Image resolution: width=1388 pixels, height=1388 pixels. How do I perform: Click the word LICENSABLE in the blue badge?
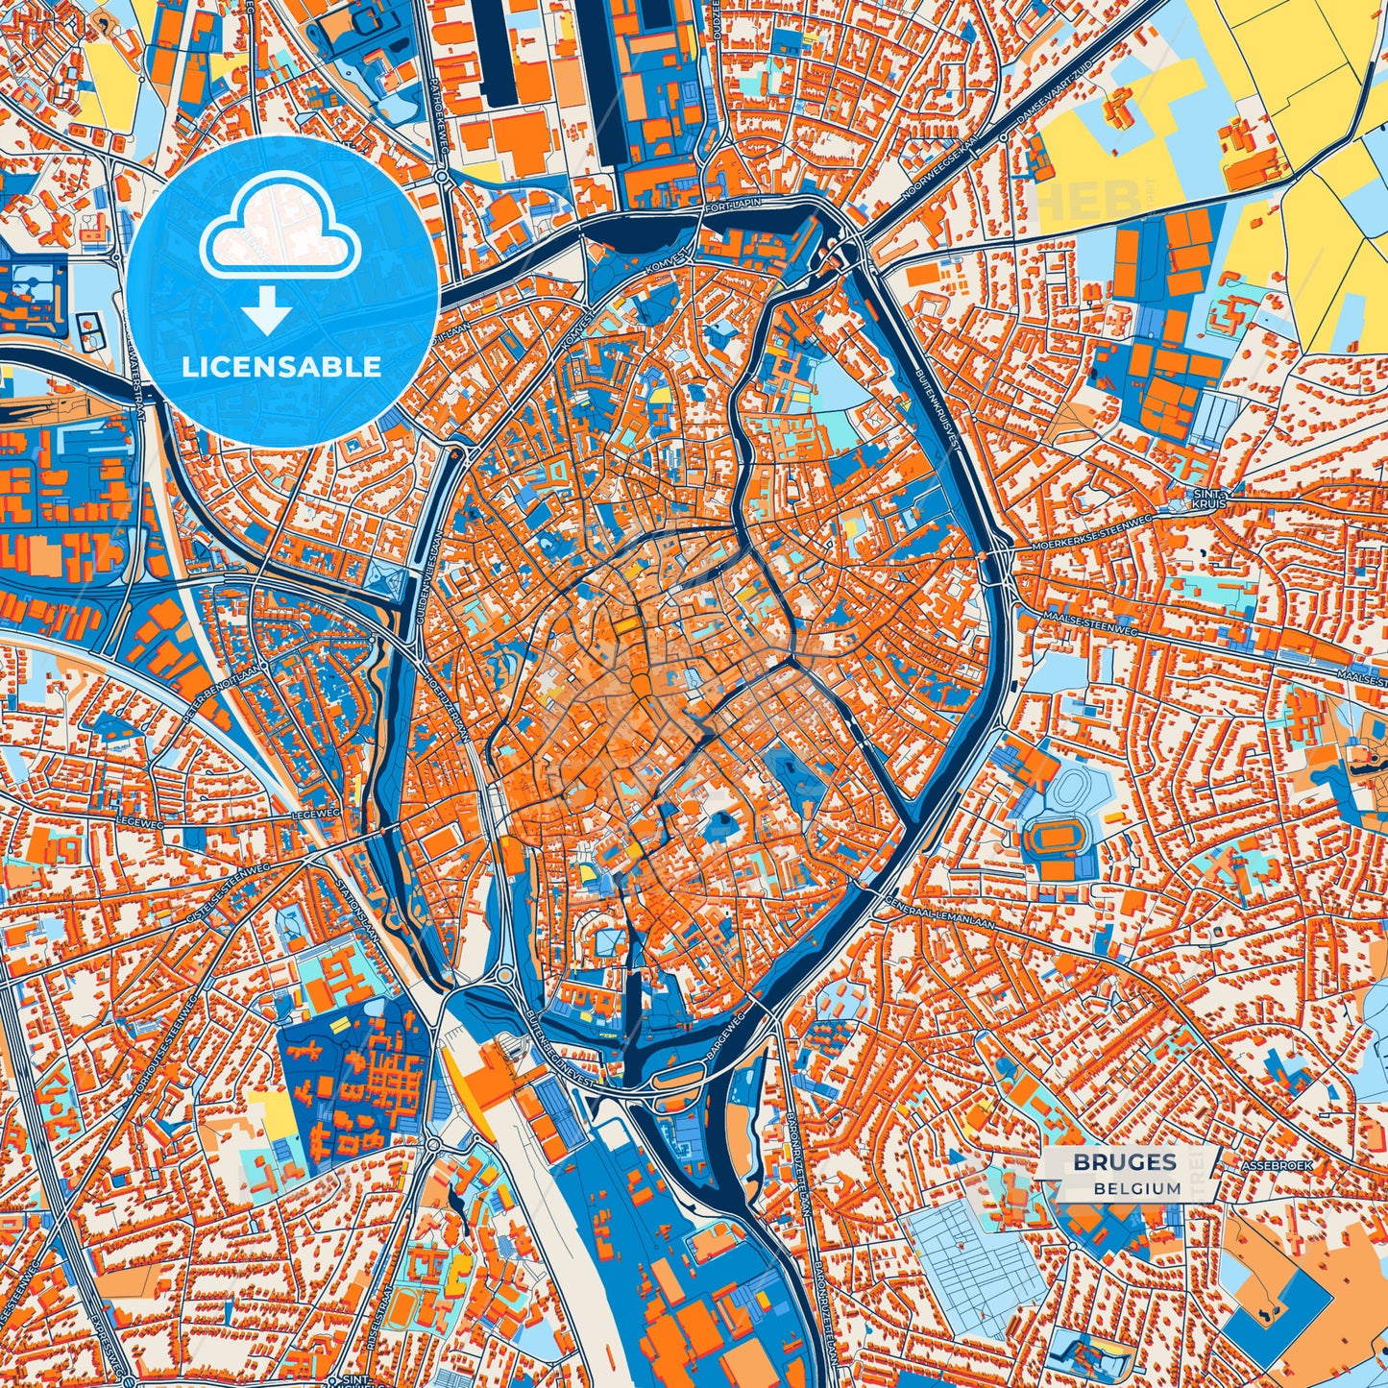point(282,367)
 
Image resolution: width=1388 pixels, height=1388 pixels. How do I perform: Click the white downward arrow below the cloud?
point(268,310)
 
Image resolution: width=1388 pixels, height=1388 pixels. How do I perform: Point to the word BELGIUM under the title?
point(1136,1188)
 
